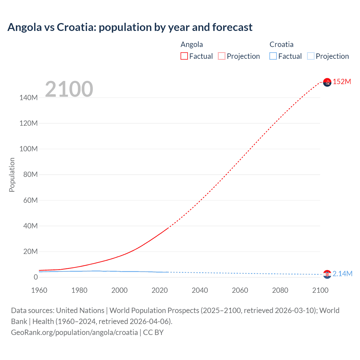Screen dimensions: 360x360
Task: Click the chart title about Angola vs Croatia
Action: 130,27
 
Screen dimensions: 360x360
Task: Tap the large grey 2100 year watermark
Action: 69,89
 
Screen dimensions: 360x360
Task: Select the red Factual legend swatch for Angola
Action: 184,56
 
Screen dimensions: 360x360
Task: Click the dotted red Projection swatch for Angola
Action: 222,56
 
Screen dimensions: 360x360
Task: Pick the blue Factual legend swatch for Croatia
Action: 273,56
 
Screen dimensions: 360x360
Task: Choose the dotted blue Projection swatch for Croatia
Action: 311,56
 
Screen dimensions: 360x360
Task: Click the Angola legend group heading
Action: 192,44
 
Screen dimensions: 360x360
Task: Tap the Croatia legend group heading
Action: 281,44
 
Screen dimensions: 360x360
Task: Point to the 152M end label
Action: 342,82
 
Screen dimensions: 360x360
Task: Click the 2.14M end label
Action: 342,274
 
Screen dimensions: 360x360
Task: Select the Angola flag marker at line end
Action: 327,82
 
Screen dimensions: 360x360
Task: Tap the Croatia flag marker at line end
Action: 327,274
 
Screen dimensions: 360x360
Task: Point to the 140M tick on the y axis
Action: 28,98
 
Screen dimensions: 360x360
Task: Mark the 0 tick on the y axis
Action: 36,277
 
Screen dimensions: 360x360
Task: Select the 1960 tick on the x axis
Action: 39,290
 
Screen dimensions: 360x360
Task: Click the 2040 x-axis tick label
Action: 200,290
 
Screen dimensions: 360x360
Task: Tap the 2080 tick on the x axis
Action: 280,290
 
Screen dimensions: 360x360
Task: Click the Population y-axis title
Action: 12,175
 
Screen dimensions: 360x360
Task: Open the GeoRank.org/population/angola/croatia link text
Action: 75,332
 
